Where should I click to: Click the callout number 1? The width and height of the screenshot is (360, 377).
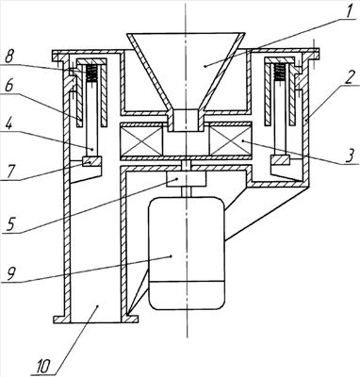348,12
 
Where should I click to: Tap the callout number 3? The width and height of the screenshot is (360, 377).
350,156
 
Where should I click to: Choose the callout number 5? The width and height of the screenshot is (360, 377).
10,225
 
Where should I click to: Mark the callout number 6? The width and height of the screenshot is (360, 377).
9,89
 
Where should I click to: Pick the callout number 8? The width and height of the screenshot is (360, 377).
9,57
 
